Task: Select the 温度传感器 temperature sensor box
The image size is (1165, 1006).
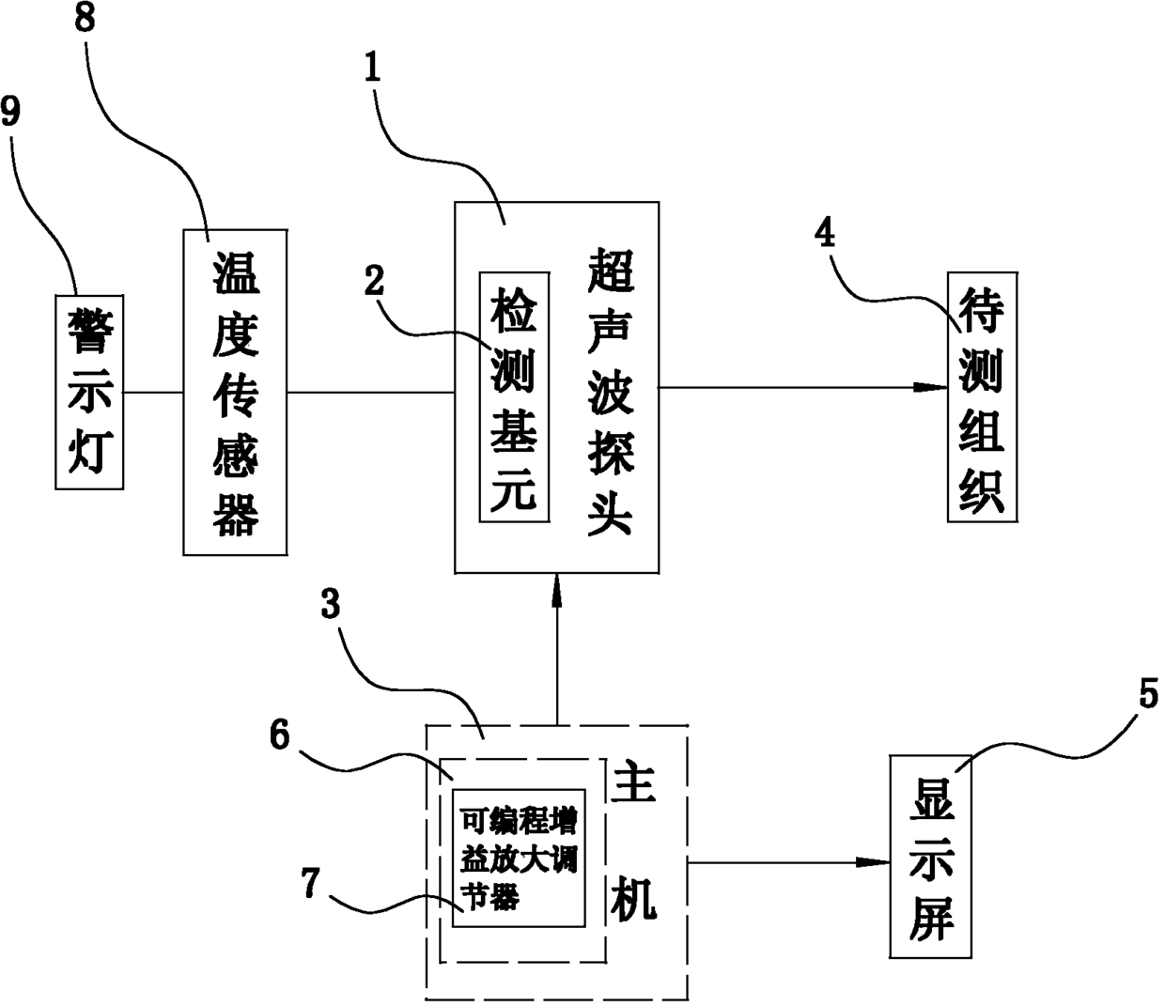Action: tap(235, 391)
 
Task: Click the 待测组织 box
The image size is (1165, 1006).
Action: tap(982, 396)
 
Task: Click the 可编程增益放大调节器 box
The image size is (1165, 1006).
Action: tap(519, 858)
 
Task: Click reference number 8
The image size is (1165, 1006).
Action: tap(85, 21)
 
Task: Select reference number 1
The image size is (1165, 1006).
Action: tap(374, 68)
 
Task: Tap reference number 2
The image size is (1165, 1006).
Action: tap(375, 281)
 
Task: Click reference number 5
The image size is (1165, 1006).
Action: tap(1148, 696)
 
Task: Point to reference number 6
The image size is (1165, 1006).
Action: tap(280, 735)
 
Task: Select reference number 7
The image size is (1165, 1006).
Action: tap(311, 884)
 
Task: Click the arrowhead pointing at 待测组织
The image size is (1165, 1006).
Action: tap(933, 387)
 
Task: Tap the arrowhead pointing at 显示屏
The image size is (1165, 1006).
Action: tap(876, 862)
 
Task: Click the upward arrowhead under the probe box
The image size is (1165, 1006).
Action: tap(557, 588)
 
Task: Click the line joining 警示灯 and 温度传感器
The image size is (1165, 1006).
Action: tap(153, 392)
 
